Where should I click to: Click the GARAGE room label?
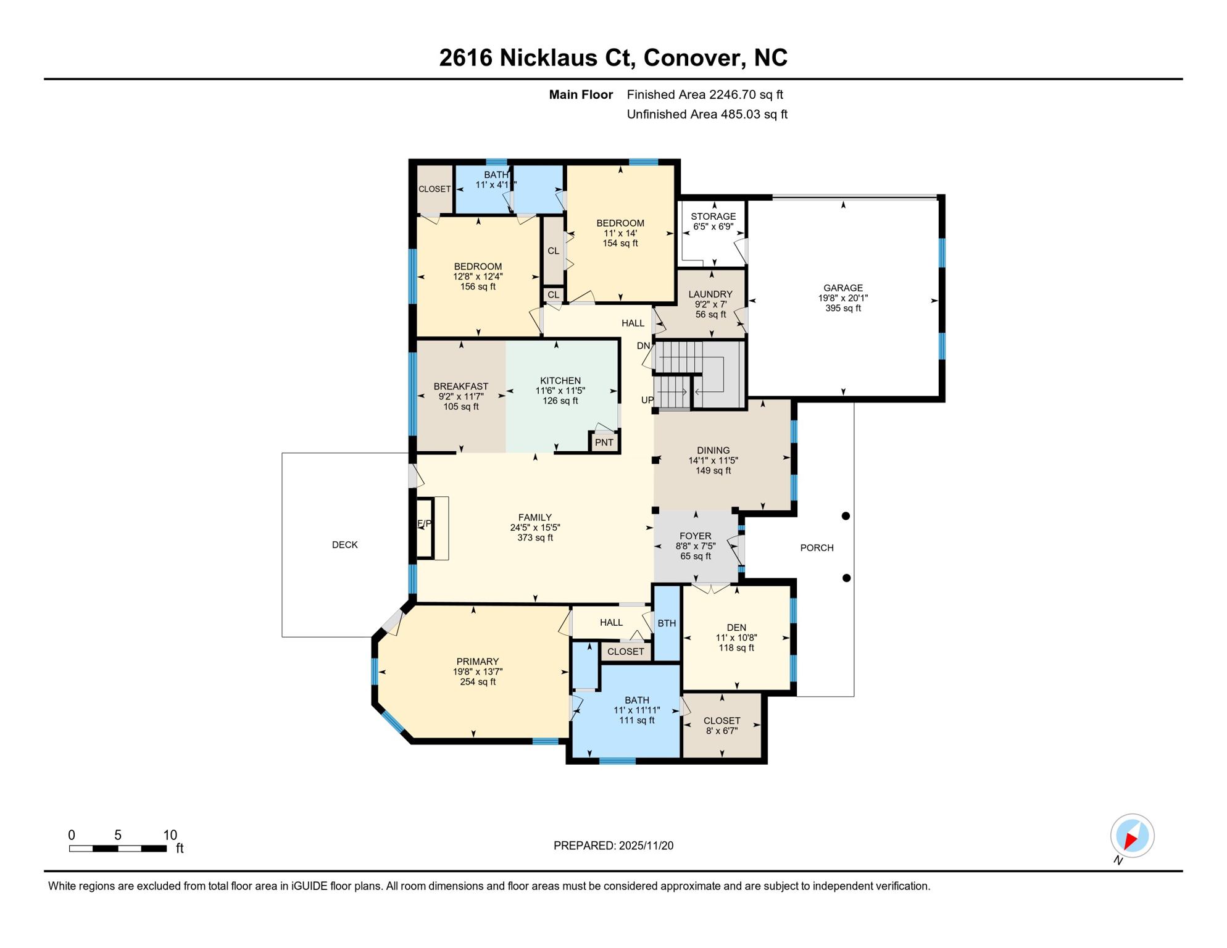[842, 288]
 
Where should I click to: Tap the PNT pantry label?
[604, 443]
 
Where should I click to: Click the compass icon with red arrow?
[1132, 836]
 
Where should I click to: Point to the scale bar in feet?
[118, 849]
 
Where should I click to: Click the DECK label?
[344, 545]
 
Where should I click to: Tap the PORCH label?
[817, 548]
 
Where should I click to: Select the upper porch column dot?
[846, 516]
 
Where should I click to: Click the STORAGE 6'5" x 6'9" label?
[713, 222]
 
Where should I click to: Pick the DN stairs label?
[643, 346]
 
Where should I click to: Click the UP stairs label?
[647, 400]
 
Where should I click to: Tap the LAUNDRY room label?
[710, 294]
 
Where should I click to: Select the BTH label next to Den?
[667, 623]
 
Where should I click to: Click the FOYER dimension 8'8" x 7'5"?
[696, 546]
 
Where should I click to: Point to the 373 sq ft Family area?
[534, 538]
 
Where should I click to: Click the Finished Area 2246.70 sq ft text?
[704, 94]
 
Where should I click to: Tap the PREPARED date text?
[613, 846]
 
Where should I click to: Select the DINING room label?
[713, 451]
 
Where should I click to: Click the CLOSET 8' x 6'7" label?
[722, 726]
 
